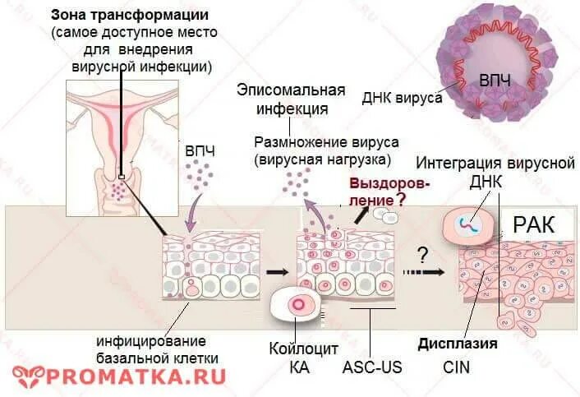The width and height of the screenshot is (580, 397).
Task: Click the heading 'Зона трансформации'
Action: pos(130,16)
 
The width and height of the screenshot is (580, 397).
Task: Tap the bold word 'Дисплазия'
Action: pos(457,344)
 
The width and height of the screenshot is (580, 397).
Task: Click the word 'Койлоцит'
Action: pos(303,347)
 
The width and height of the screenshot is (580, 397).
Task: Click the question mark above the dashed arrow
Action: pos(424,252)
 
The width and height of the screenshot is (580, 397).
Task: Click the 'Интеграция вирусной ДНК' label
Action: pos(495,171)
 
